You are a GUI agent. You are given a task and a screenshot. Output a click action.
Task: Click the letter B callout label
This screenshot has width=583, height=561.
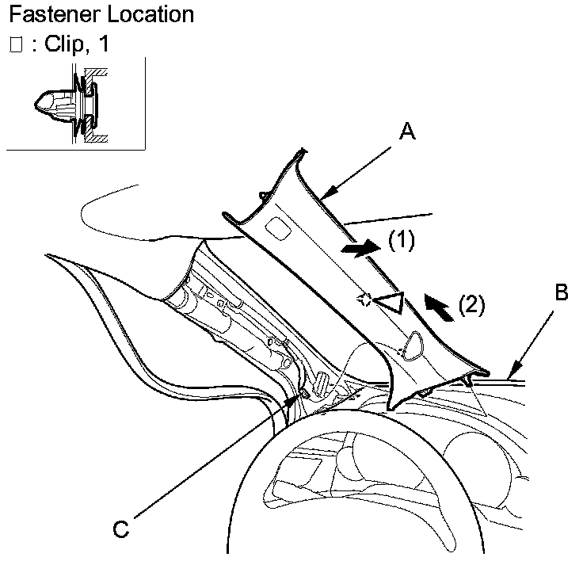560,294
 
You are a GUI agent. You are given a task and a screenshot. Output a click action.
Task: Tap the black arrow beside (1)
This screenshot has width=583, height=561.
360,248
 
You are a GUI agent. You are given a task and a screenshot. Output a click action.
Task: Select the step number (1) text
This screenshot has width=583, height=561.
402,240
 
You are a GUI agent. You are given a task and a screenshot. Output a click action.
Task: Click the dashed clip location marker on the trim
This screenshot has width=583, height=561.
364,300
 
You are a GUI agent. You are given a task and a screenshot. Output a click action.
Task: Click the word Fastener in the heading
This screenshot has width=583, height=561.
48,14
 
